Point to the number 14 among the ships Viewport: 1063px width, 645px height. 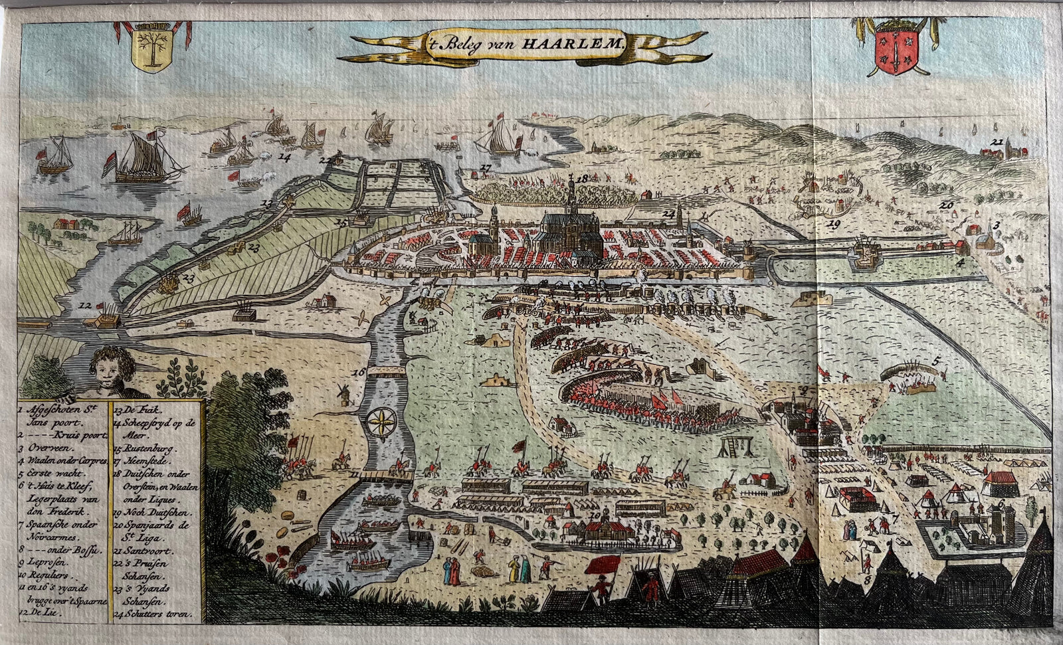(285, 158)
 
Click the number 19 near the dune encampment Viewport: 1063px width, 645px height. (834, 225)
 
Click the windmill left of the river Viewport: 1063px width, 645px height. (343, 395)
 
